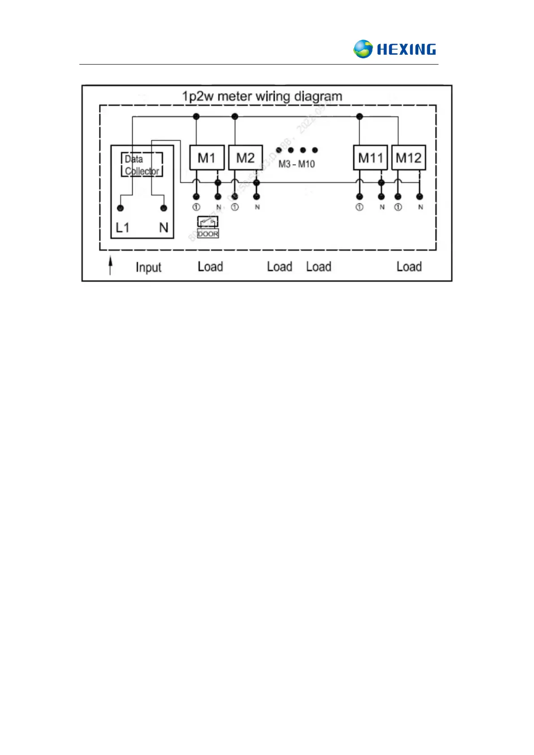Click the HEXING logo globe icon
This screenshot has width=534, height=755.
point(363,49)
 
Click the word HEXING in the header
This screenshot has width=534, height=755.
point(406,49)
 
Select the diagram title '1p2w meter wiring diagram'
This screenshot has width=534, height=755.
point(262,96)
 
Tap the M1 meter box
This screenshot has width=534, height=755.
point(207,158)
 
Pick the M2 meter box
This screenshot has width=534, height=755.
point(245,158)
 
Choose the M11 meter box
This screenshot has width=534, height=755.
point(370,158)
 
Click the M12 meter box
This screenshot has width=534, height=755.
point(408,158)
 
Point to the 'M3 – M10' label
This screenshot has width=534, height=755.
point(296,164)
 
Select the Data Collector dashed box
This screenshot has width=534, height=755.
point(142,165)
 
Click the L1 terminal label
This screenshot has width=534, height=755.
point(122,228)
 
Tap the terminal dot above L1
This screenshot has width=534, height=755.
point(120,208)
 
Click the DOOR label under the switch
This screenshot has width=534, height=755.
point(208,234)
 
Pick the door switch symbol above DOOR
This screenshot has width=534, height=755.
point(208,221)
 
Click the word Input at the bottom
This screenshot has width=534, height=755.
point(148,267)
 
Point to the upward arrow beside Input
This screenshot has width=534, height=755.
point(110,265)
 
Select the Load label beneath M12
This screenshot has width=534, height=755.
point(409,267)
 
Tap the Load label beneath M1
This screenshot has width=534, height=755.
point(210,267)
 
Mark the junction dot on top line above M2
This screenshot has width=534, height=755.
point(234,117)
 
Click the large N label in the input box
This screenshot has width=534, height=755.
point(164,228)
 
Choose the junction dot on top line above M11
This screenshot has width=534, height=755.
point(359,117)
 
